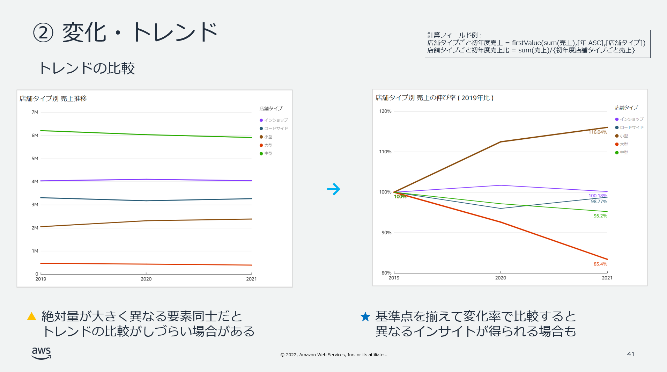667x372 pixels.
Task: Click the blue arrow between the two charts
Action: pyautogui.click(x=334, y=189)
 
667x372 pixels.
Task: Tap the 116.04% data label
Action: pyautogui.click(x=598, y=132)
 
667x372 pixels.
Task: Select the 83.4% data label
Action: pyautogui.click(x=600, y=264)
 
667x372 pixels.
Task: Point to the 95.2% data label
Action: pyautogui.click(x=600, y=216)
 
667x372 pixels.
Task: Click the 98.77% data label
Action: pyautogui.click(x=599, y=202)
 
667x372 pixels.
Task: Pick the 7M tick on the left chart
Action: pyautogui.click(x=35, y=112)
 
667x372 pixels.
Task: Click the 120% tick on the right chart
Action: pyautogui.click(x=385, y=111)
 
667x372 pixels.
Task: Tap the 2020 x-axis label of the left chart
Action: pyautogui.click(x=146, y=279)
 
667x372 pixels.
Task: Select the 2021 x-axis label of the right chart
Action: pyautogui.click(x=607, y=278)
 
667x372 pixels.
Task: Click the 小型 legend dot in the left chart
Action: pyautogui.click(x=261, y=137)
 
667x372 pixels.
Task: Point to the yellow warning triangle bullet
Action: pyautogui.click(x=32, y=316)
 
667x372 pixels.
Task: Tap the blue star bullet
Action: pyautogui.click(x=365, y=316)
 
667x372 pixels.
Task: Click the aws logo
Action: pyautogui.click(x=42, y=353)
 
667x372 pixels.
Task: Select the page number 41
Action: pyautogui.click(x=631, y=354)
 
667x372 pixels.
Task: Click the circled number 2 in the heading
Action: pyautogui.click(x=43, y=33)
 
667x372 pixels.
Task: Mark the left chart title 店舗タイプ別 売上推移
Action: pyautogui.click(x=53, y=99)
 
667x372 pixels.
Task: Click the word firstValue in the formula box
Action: pyautogui.click(x=527, y=43)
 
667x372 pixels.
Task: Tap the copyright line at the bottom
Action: pyautogui.click(x=333, y=355)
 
